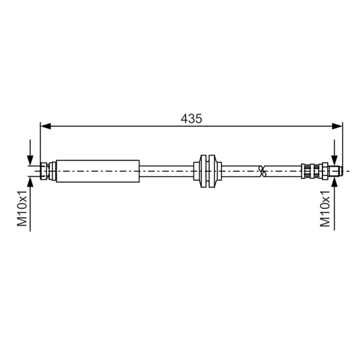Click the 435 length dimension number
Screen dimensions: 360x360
pyautogui.click(x=191, y=119)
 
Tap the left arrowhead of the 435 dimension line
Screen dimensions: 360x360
pyautogui.click(x=46, y=126)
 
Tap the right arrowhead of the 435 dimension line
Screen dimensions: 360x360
pyautogui.click(x=337, y=126)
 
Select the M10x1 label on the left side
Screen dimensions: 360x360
pyautogui.click(x=22, y=208)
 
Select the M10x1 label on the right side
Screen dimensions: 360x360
pyautogui.click(x=325, y=209)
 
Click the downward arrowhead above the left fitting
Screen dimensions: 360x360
pyautogui.click(x=30, y=160)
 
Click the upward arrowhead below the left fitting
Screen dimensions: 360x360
pyautogui.click(x=30, y=182)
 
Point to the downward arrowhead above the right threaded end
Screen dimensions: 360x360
pyautogui.click(x=334, y=160)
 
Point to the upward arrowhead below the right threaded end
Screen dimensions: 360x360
pyautogui.click(x=334, y=182)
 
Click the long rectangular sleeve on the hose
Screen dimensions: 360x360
pyautogui.click(x=98, y=171)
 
